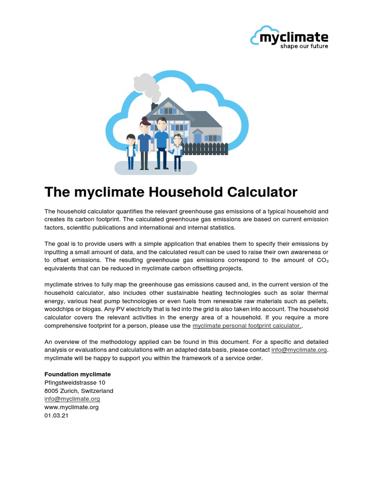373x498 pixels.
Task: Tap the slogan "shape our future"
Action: (x=304, y=47)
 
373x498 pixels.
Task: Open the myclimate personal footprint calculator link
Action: (x=247, y=325)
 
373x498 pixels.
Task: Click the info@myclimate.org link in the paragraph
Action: (x=300, y=350)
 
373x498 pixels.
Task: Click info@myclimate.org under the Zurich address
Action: (x=72, y=399)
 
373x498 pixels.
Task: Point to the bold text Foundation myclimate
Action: (x=78, y=374)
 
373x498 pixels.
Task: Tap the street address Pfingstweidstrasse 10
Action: (x=74, y=383)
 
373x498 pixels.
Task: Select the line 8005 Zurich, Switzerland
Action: (x=79, y=391)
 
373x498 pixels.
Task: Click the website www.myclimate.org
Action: (x=71, y=407)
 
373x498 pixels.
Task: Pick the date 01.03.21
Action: (x=56, y=415)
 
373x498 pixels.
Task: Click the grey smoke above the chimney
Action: (x=146, y=84)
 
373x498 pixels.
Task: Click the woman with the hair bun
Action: (x=144, y=143)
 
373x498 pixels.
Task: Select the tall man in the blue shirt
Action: (x=162, y=142)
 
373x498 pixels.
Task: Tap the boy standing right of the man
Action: (x=177, y=152)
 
